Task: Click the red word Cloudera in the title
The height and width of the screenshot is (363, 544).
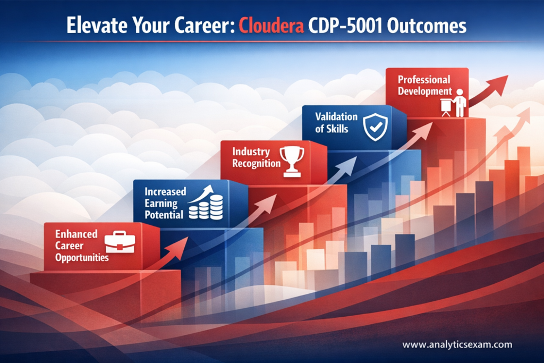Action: pos(271,26)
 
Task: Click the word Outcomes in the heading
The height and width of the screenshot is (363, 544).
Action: pos(427,26)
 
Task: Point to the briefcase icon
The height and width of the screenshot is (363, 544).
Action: pos(120,241)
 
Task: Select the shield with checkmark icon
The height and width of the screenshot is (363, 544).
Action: pos(376,128)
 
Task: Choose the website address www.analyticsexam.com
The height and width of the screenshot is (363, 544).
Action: pos(457,344)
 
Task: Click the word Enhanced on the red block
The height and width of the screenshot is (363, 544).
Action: pos(76,234)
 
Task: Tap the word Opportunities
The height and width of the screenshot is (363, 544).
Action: pos(82,257)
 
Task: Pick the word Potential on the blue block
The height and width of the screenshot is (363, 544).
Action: pos(164,215)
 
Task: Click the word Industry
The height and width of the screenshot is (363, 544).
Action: pos(251,151)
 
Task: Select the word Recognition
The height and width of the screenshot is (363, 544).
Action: pos(256,163)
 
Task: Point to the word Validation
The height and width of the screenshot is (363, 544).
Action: pos(336,116)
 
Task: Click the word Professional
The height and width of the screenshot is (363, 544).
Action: pos(424,80)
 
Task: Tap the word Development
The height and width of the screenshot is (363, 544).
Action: pos(425,91)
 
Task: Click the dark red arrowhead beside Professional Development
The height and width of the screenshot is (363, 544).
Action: pos(497,85)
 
